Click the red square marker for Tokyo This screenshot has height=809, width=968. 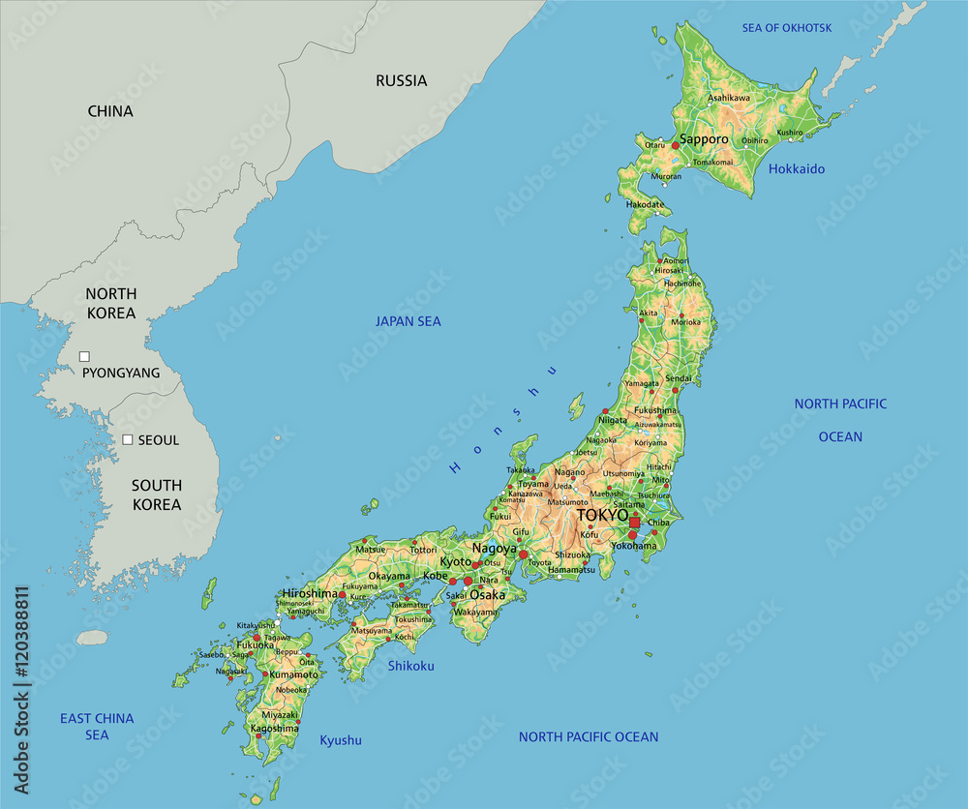[x=634, y=523]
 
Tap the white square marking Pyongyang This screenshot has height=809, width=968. [x=84, y=356]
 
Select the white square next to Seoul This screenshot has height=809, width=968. [x=127, y=439]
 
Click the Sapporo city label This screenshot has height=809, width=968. [x=704, y=139]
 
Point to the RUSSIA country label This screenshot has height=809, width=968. [x=401, y=81]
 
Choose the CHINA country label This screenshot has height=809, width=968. [x=110, y=111]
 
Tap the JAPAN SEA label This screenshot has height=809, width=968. [x=408, y=321]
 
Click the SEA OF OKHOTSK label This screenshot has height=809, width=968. [x=786, y=27]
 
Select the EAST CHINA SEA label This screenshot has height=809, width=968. [x=97, y=727]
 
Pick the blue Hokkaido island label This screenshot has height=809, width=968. [x=797, y=169]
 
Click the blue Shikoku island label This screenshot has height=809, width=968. [x=411, y=666]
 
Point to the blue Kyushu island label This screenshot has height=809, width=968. [x=341, y=740]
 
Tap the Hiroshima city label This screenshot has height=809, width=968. [x=310, y=593]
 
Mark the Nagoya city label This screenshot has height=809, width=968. [x=495, y=549]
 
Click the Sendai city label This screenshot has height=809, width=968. [x=679, y=378]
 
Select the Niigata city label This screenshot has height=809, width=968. [x=613, y=421]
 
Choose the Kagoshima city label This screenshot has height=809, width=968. [x=274, y=728]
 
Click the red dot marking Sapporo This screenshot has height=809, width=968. [x=675, y=145]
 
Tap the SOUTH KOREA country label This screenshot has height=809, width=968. [x=157, y=494]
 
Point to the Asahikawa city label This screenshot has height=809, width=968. [x=729, y=98]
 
